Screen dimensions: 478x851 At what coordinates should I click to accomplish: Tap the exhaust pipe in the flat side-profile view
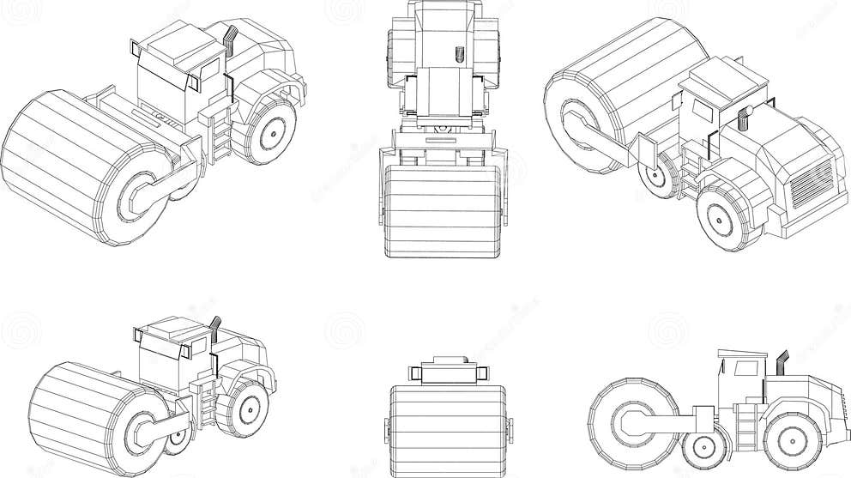click(x=783, y=362)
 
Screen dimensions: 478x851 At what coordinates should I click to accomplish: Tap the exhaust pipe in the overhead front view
click(x=458, y=55)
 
